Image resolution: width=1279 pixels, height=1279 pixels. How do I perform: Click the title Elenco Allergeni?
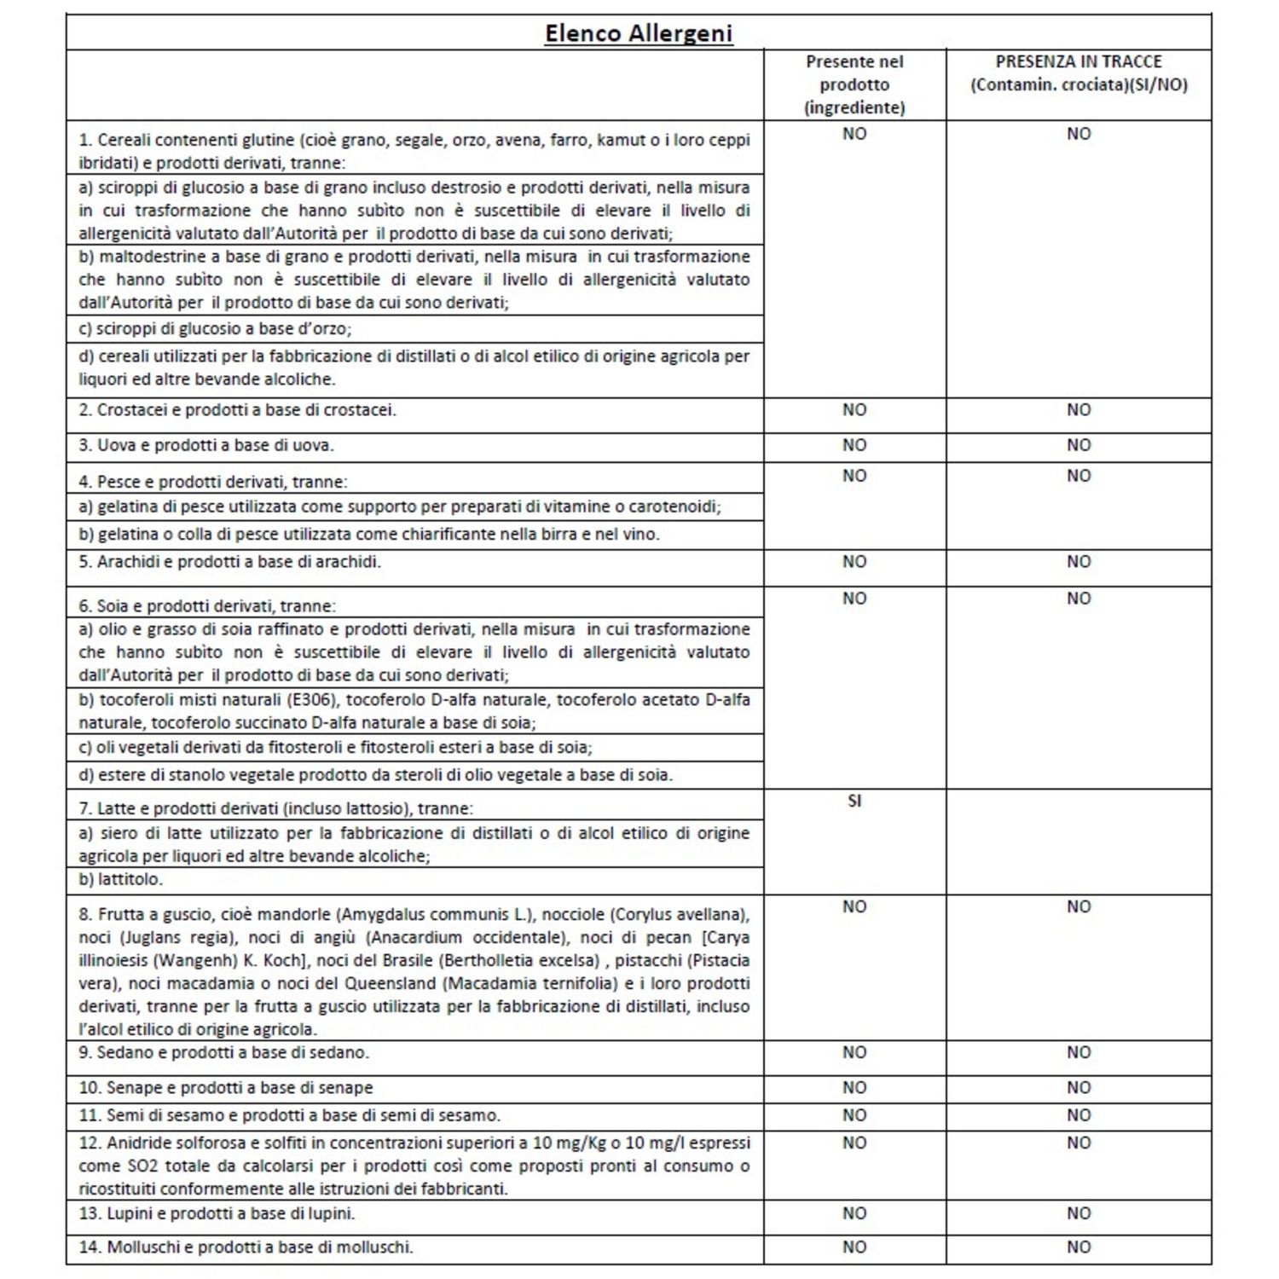pos(639,33)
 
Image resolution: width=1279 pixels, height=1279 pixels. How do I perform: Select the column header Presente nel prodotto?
pos(854,84)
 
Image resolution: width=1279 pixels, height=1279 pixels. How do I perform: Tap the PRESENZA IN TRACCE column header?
pos(1078,73)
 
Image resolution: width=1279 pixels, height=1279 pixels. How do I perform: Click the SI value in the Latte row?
pos(854,802)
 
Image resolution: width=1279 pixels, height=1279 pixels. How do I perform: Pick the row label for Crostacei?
pos(238,410)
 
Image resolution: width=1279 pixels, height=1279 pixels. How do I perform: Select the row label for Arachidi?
pos(230,562)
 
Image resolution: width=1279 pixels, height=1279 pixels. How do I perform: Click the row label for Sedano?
pos(224,1053)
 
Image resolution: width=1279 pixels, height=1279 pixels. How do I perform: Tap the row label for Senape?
pos(226,1088)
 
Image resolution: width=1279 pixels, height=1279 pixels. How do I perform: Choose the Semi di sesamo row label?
pos(290,1115)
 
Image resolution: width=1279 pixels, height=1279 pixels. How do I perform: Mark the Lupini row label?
pos(217,1213)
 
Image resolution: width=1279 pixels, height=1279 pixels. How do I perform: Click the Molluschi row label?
pos(246,1247)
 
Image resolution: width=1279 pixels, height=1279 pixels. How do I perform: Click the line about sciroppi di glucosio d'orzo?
pos(215,328)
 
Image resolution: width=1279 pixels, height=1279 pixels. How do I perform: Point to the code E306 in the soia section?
pos(306,700)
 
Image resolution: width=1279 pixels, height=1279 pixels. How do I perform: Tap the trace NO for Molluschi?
pos(1078,1247)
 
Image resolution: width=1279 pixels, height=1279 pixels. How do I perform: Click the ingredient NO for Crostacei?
pos(854,410)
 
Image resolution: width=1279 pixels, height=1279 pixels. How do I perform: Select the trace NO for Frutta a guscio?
pos(1078,906)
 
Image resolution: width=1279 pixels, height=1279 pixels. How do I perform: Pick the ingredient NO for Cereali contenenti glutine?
pos(854,134)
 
